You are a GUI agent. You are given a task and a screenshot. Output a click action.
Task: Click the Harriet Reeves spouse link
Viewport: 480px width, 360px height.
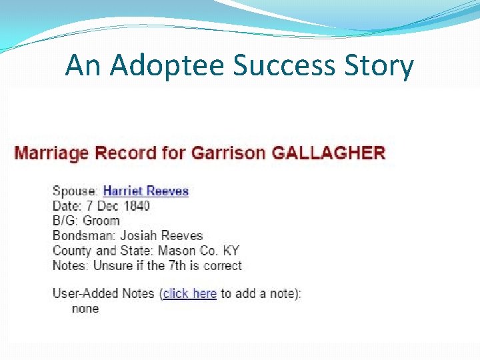coord(146,191)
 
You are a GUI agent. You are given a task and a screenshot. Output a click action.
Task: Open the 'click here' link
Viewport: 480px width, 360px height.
coord(189,293)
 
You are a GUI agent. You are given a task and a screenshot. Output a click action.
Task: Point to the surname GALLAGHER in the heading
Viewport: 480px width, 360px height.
coord(328,153)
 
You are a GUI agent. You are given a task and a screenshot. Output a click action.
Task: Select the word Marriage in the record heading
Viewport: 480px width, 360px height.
coord(51,153)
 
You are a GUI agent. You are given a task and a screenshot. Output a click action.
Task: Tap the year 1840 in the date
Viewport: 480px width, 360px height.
coord(137,206)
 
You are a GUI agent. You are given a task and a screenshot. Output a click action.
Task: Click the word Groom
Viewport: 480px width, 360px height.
coord(101,221)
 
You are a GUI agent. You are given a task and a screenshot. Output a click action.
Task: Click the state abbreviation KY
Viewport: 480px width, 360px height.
coord(231,251)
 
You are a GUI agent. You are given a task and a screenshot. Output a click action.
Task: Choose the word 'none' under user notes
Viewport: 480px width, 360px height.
coord(85,309)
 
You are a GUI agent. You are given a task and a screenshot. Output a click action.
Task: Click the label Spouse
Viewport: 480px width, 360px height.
coord(74,191)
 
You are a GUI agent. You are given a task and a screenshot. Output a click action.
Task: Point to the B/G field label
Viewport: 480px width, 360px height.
coord(65,221)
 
